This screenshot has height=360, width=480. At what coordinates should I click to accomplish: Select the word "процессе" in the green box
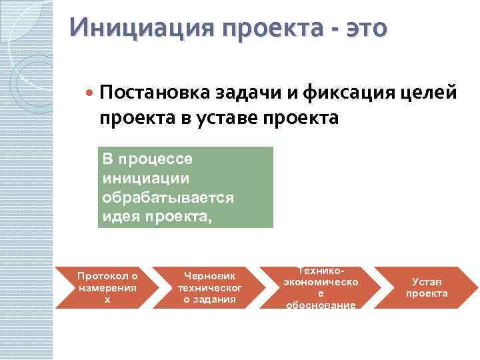(x=155, y=159)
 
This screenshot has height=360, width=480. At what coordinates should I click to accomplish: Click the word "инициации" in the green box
(x=146, y=179)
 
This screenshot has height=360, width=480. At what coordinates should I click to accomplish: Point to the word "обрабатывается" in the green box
(x=167, y=198)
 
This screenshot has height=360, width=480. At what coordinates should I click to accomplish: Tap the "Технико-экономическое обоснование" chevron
(x=320, y=287)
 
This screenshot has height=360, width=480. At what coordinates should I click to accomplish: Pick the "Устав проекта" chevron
(x=427, y=287)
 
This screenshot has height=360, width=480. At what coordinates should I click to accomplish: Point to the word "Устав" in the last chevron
(x=427, y=282)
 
